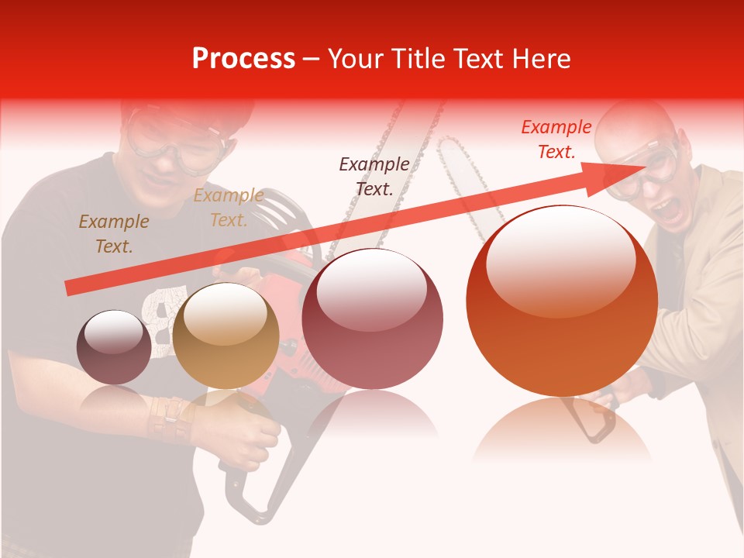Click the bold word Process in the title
pos(243,58)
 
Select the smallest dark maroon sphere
pos(114,347)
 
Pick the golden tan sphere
pos(226,336)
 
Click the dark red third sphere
pos(372,319)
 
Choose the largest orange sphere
pos(562,301)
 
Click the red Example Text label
pos(556,139)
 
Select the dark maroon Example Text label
pos(374,176)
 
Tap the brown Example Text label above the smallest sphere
pos(113,233)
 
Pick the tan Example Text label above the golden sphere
pos(228,208)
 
